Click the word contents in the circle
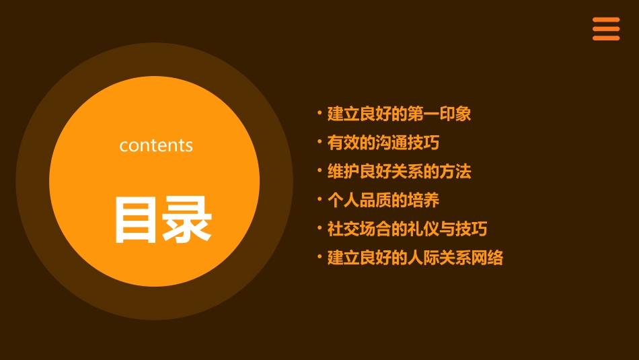[x=156, y=145]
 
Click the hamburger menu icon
[x=605, y=29]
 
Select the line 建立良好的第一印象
[x=399, y=114]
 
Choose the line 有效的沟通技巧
[x=383, y=143]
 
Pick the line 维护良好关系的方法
[x=399, y=172]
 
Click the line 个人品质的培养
[x=383, y=201]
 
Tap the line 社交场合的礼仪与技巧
[x=407, y=229]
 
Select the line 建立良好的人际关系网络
[x=415, y=258]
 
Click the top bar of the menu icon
[x=605, y=20]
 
